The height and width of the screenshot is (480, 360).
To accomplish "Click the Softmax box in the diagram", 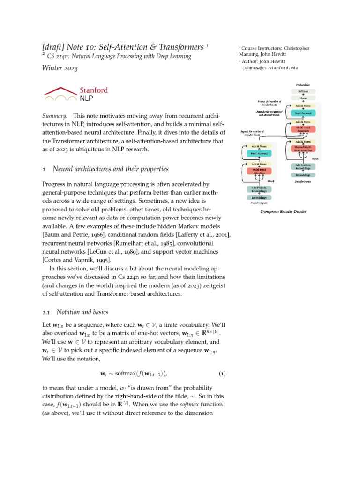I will pyautogui.click(x=303, y=91).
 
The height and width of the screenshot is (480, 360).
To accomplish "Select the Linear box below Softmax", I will pyautogui.click(x=303, y=97).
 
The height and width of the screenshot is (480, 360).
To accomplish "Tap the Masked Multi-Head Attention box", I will pyautogui.click(x=303, y=149).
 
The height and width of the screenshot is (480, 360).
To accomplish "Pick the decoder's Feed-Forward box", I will pyautogui.click(x=303, y=113).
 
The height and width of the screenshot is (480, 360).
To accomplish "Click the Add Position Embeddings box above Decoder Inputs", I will pyautogui.click(x=303, y=166).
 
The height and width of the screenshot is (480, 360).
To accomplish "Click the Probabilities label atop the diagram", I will pyautogui.click(x=303, y=85).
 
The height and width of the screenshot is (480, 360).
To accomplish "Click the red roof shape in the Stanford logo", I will pyautogui.click(x=61, y=90).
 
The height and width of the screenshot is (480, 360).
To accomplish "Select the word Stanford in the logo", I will pyautogui.click(x=94, y=90).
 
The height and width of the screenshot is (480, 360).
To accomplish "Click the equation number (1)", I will pyautogui.click(x=222, y=374).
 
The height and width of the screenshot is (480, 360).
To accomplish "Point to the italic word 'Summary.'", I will pyautogui.click(x=55, y=116).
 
